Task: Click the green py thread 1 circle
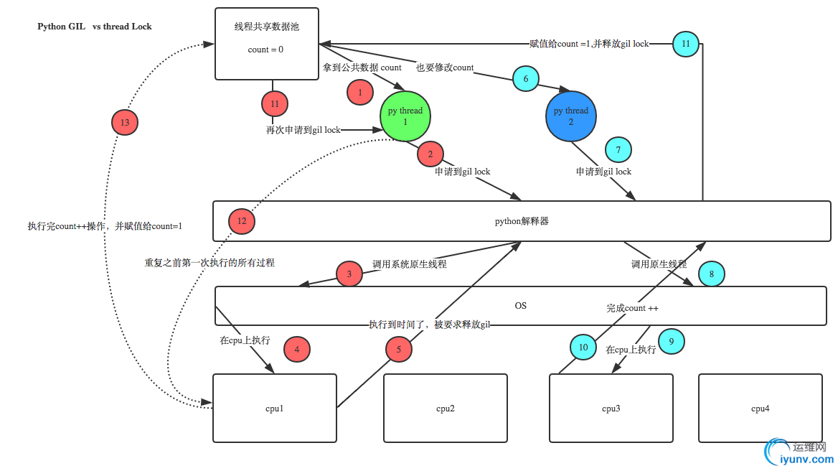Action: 405,116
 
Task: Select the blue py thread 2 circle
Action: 570,116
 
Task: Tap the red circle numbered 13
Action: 125,123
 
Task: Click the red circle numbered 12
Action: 242,221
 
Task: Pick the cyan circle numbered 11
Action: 686,44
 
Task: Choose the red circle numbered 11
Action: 275,104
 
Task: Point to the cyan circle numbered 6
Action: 525,79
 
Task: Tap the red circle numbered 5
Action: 399,350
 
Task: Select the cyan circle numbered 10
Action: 583,348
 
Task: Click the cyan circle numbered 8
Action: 711,274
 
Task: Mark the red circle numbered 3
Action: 349,274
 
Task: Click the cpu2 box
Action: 445,408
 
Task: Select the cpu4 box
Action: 760,408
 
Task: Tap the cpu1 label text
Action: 275,409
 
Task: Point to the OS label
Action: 521,306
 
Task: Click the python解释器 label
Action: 522,221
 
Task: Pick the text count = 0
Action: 265,50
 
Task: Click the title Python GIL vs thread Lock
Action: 94,27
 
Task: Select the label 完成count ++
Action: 632,308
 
